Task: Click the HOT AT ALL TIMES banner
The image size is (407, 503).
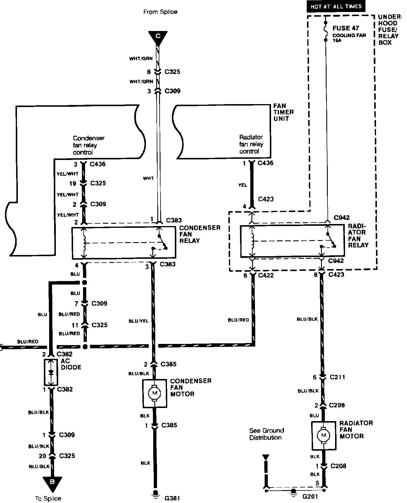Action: (336, 6)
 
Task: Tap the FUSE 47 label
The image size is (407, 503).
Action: (346, 28)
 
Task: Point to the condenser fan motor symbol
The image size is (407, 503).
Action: (155, 393)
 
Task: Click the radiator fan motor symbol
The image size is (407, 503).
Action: (323, 435)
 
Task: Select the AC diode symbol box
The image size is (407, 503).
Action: (51, 372)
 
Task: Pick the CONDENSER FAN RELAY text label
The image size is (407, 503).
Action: (199, 234)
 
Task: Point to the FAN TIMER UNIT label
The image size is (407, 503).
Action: (283, 112)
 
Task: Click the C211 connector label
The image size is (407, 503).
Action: (337, 377)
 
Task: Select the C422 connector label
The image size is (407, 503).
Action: (264, 275)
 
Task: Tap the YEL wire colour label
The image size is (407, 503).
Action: (242, 185)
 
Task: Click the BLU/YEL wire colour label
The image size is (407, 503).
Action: (139, 321)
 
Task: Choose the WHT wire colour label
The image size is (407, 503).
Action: (148, 178)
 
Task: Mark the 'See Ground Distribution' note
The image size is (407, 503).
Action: (266, 434)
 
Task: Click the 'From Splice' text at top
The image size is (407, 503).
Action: (160, 12)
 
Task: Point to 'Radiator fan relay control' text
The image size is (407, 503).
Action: (251, 144)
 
